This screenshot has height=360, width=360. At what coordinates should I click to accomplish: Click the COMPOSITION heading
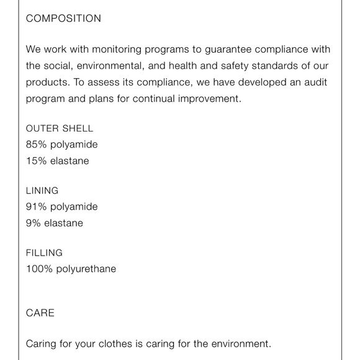63,19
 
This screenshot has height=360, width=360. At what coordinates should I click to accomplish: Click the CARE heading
40,313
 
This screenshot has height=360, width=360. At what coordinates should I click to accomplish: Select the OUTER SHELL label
60,128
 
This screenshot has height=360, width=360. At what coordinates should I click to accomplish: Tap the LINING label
42,191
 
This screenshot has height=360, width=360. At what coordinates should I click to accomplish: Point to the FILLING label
44,253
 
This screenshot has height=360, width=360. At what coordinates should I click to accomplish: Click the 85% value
36,145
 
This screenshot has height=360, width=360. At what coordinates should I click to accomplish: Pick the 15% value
36,161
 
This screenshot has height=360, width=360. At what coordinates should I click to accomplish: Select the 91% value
36,207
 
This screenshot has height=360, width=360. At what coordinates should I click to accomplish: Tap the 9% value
33,223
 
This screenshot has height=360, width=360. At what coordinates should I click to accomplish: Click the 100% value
39,269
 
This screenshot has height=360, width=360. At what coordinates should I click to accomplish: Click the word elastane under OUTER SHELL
69,161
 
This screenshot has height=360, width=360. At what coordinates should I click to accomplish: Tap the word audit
316,82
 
